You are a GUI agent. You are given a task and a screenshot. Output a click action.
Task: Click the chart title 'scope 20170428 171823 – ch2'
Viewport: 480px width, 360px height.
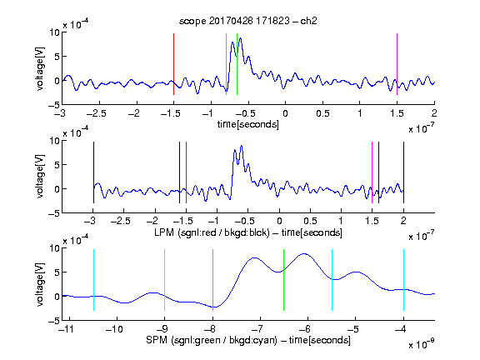click(x=248, y=21)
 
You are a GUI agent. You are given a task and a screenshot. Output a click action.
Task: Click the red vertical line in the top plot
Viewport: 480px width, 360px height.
click(x=173, y=64)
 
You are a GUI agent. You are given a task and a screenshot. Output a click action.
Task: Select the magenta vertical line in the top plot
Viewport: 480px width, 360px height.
click(x=397, y=64)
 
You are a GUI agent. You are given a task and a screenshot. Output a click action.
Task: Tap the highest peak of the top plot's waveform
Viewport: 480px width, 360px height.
click(x=241, y=38)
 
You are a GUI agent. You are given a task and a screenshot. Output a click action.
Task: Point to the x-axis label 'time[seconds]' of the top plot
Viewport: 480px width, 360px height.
click(x=248, y=124)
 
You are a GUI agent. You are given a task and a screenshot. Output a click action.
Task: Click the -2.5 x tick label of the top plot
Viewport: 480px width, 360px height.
click(x=97, y=113)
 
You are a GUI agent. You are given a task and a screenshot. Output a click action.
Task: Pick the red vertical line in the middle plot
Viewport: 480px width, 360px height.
click(x=186, y=172)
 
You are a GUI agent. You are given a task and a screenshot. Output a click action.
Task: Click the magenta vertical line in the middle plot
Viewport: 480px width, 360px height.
click(x=372, y=172)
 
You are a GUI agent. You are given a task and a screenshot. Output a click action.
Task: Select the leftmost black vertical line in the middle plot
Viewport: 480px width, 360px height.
click(x=93, y=172)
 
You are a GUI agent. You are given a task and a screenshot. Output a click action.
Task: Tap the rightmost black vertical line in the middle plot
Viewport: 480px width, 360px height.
click(x=403, y=172)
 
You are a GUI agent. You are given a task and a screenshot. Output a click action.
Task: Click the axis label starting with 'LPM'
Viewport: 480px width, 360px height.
click(x=248, y=232)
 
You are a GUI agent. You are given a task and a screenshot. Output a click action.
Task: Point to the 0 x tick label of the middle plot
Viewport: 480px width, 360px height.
click(x=279, y=221)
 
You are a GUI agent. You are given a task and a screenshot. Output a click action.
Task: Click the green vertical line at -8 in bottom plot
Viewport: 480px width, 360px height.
click(x=212, y=280)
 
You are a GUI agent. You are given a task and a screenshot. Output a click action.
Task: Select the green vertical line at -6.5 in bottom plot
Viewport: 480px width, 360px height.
click(x=284, y=280)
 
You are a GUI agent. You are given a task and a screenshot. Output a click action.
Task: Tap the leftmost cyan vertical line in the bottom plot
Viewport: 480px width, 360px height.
click(x=93, y=280)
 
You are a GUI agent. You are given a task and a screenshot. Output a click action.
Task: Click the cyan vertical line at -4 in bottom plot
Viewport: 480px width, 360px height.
click(x=404, y=280)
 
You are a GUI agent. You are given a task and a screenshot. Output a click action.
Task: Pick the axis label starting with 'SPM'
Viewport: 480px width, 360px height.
click(x=248, y=340)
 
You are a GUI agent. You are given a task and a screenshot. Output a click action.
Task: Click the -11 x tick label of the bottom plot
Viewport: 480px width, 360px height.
click(x=67, y=329)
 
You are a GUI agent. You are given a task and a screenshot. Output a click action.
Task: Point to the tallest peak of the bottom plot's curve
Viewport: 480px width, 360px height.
click(x=303, y=254)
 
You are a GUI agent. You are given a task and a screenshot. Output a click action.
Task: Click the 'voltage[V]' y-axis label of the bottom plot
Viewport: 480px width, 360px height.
click(x=40, y=284)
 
